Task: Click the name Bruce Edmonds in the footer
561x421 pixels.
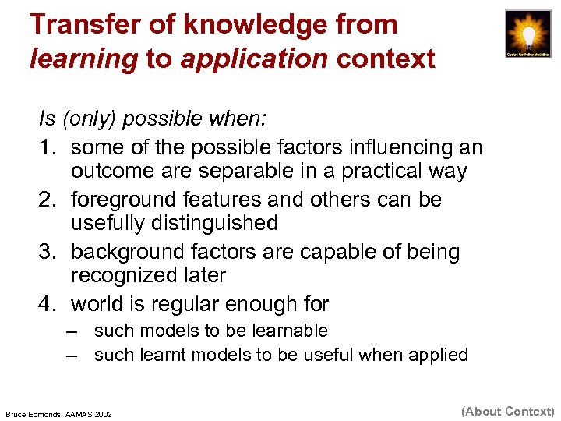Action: click(36, 413)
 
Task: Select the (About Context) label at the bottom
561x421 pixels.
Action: click(508, 411)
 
